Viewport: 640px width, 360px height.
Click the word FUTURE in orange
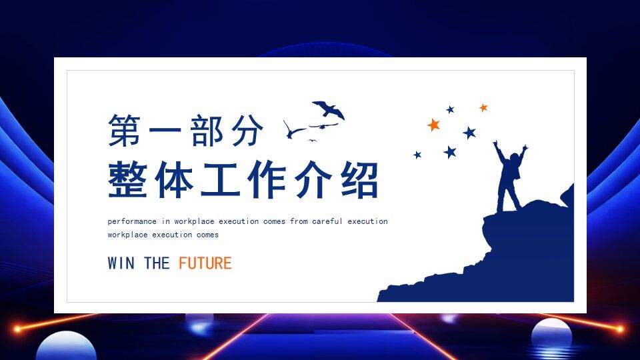pos(205,263)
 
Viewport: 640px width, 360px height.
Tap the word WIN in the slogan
pos(121,263)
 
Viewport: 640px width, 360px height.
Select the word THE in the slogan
pos(157,263)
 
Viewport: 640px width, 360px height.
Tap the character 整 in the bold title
pos(127,180)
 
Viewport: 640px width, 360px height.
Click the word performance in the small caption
pos(132,221)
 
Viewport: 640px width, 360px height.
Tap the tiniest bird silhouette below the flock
pos(311,140)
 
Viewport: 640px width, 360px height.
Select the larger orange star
pos(434,124)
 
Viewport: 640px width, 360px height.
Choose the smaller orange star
pos(483,107)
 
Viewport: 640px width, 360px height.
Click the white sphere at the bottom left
pos(66,347)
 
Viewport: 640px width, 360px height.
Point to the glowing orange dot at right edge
pos(621,329)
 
